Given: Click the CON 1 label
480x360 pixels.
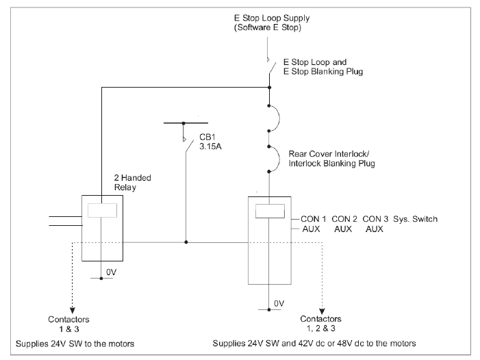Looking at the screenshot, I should [313, 218].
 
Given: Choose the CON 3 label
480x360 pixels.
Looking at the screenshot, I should [378, 218].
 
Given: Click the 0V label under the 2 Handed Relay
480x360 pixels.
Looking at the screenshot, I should [112, 272].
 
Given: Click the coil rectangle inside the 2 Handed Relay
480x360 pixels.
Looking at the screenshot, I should [102, 211].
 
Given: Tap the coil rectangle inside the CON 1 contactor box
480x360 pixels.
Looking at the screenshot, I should [268, 211].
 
